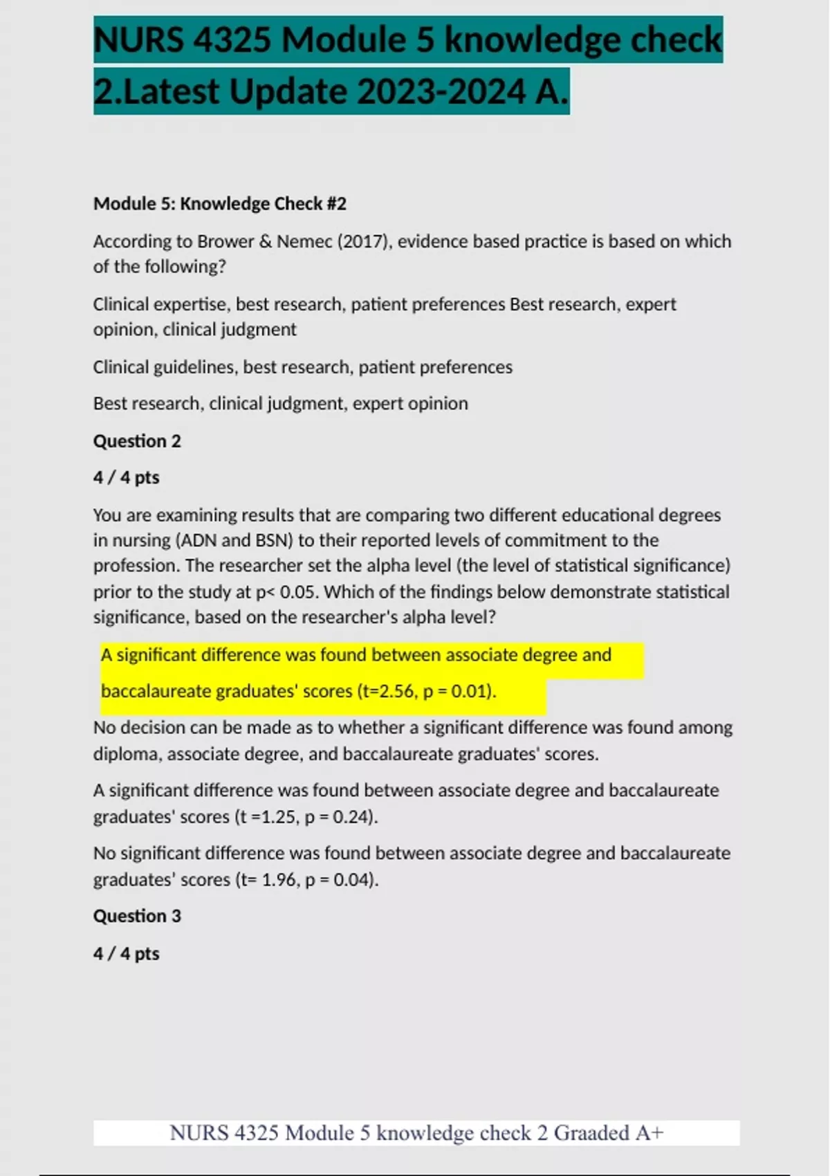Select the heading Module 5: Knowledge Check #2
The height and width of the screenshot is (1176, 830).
click(220, 203)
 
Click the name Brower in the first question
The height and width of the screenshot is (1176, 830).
click(225, 241)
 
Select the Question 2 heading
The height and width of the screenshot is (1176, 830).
click(137, 441)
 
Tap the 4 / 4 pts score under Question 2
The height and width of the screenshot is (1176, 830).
click(127, 477)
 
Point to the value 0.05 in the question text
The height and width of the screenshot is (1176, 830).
click(299, 592)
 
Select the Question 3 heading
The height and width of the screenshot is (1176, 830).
click(137, 916)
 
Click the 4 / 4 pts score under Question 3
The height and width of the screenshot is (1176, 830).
click(127, 953)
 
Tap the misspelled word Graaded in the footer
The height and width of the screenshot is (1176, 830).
click(591, 1133)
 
